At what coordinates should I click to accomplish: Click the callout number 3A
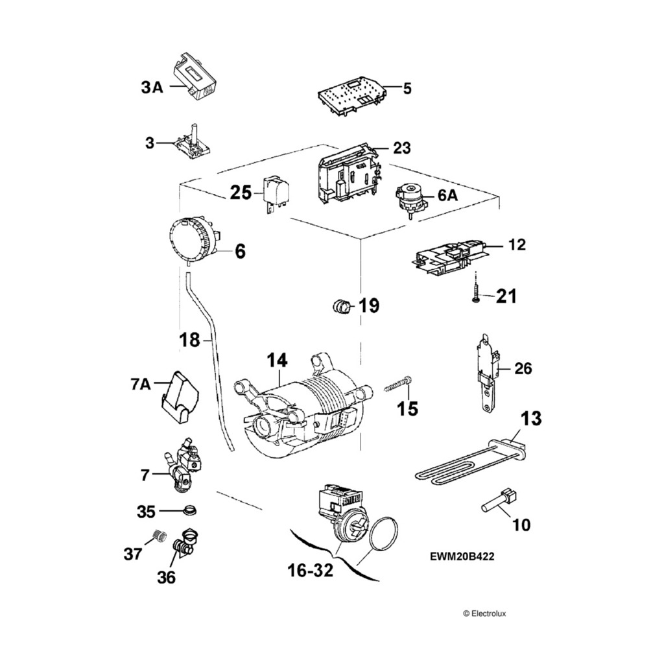point(152,88)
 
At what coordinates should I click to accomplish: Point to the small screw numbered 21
point(476,295)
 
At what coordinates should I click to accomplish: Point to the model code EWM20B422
point(466,556)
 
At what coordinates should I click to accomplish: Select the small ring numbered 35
point(189,510)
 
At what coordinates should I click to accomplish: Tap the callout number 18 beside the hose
point(189,339)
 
